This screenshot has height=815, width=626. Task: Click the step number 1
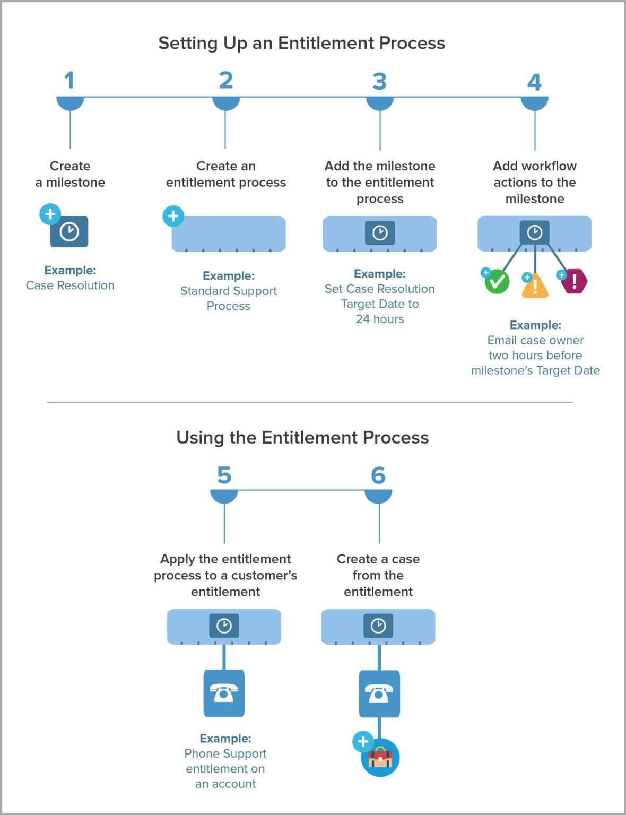coord(69,81)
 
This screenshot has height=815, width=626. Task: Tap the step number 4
coord(534,82)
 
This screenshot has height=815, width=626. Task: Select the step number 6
coord(378,475)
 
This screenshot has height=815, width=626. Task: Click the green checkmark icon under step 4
coord(498,281)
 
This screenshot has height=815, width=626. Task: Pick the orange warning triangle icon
coord(535,286)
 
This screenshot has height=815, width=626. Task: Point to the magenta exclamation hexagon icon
coord(574,281)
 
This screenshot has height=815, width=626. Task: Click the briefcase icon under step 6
coord(380,758)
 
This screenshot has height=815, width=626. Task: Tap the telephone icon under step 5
coord(224,693)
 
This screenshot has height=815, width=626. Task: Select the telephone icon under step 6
coord(379,693)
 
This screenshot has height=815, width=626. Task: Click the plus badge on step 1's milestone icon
coord(50,214)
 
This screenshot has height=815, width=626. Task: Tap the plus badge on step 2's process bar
coord(173,216)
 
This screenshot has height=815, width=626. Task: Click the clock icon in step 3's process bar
coord(380,232)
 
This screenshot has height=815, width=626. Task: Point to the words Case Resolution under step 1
coord(70,285)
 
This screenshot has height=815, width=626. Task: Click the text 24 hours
coord(380,319)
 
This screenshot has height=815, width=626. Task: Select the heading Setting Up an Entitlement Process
coord(301,43)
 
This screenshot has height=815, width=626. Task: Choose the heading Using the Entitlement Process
coord(302,437)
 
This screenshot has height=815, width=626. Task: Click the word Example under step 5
coord(225,738)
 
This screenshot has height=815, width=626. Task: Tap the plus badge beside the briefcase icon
coord(363,741)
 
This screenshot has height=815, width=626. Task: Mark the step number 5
coord(224,475)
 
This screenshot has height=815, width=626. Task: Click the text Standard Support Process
coord(228,298)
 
